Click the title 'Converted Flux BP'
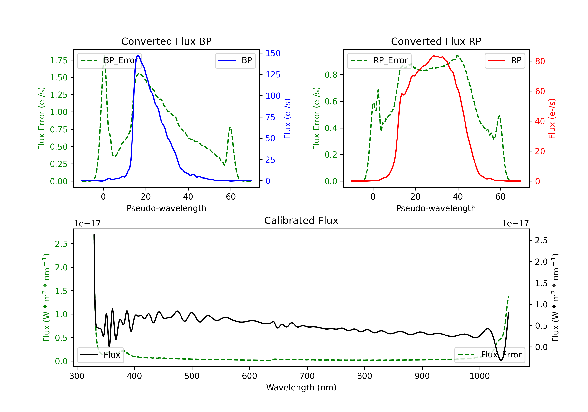[x=166, y=41]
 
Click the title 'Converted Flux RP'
[x=436, y=41]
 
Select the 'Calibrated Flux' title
[x=301, y=221]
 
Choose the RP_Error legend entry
[x=379, y=60]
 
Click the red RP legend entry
[x=505, y=60]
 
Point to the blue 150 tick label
[x=273, y=53]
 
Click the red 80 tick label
[x=540, y=61]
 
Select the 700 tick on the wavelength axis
[x=307, y=376]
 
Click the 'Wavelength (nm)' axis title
[x=301, y=387]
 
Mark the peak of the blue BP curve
[x=138, y=56]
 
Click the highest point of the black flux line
[x=94, y=235]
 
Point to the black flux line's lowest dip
[x=501, y=360]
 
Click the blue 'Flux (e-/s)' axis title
[x=288, y=118]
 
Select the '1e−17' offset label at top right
[x=515, y=224]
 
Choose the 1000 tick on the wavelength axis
[x=479, y=376]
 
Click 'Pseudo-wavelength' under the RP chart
[x=436, y=208]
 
